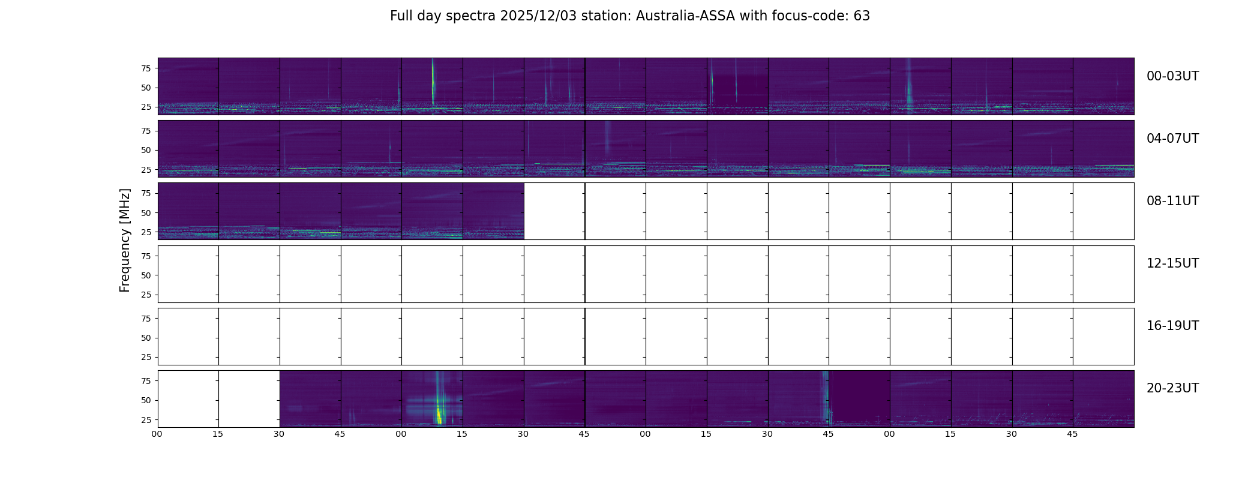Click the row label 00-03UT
coord(1172,76)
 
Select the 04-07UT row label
coord(1172,139)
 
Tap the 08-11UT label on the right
coord(1172,201)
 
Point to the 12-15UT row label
coord(1172,263)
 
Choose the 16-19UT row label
coord(1172,326)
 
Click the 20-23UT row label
coord(1172,388)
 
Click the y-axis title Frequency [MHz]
coord(125,240)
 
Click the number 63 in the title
coord(862,16)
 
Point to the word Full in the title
coord(401,16)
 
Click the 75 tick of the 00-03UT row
coord(146,68)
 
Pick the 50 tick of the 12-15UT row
coord(146,275)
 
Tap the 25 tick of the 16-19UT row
coord(146,357)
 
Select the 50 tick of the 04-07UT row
coord(146,151)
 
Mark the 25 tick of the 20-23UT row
coord(146,420)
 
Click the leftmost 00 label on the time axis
coord(157,434)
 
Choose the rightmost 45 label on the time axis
coord(1072,434)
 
